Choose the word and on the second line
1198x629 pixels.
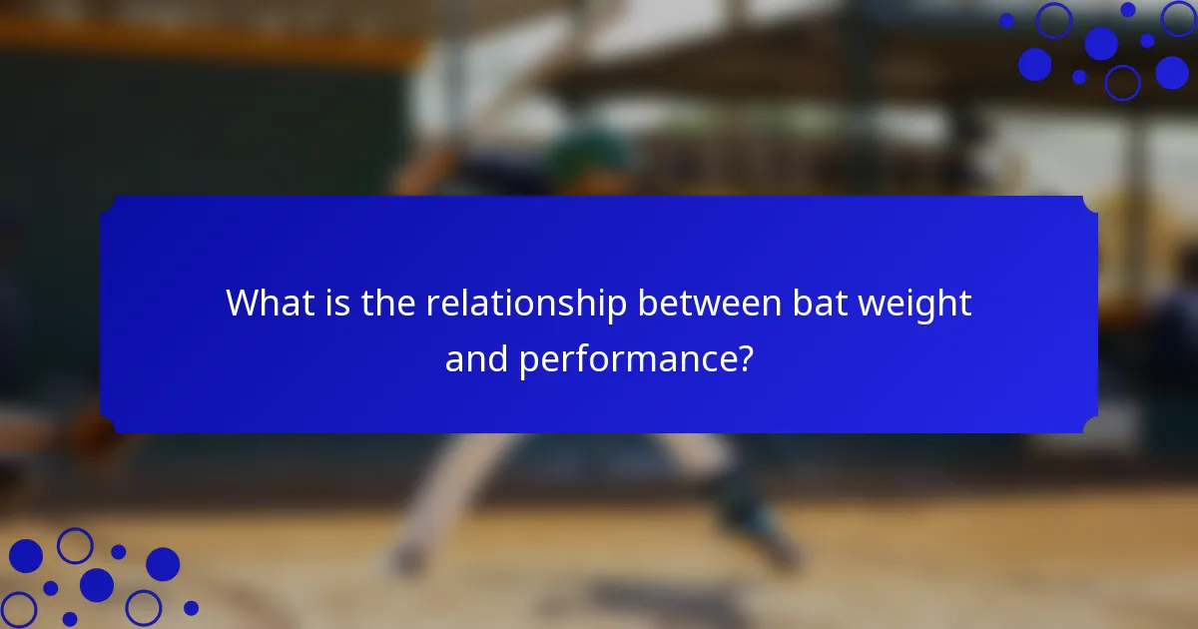477,359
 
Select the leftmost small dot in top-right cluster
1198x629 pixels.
1006,20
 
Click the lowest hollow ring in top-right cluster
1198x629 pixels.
1122,82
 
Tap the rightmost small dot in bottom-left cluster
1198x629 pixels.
191,607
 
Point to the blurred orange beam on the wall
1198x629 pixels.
200,40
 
